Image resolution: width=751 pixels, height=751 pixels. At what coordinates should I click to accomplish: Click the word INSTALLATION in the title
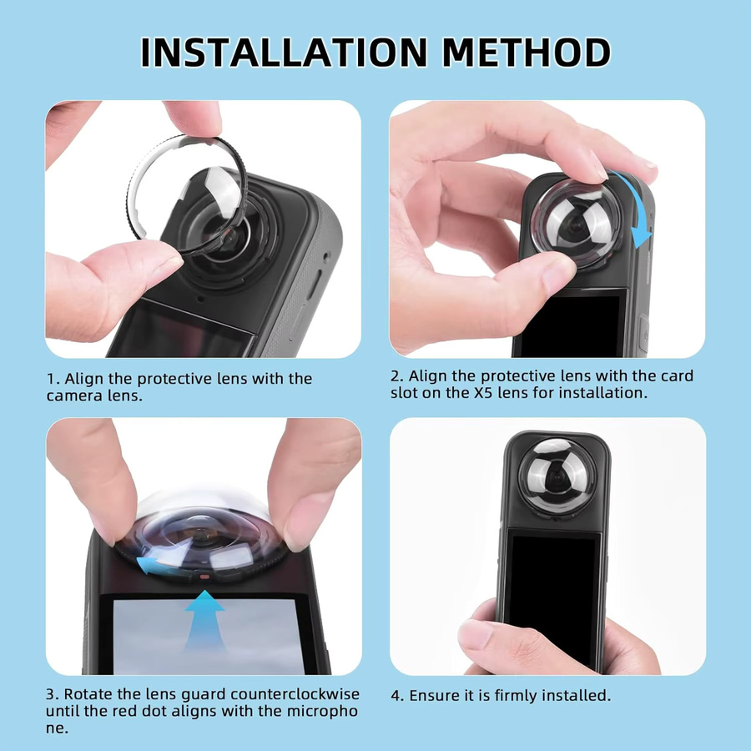[284, 52]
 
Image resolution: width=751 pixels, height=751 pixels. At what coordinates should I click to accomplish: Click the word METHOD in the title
[527, 52]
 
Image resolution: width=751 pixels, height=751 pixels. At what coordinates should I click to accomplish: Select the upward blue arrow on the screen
[204, 620]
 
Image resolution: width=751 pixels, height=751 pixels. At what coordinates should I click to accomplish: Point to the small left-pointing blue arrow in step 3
[149, 564]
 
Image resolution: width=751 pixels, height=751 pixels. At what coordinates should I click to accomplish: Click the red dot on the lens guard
[204, 577]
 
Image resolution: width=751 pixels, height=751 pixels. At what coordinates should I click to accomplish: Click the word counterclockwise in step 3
[295, 694]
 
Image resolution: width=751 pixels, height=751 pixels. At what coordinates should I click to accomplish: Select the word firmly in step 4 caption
[516, 695]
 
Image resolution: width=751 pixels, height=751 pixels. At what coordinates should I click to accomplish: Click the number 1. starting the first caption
[53, 379]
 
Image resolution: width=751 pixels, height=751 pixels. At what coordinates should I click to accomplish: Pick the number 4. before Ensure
[397, 695]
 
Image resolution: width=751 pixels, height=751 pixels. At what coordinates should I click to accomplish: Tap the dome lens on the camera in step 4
[557, 476]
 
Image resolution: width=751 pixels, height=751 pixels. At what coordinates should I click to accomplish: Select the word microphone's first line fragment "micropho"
[322, 711]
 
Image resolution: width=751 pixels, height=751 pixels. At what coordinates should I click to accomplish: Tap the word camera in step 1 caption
[70, 396]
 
